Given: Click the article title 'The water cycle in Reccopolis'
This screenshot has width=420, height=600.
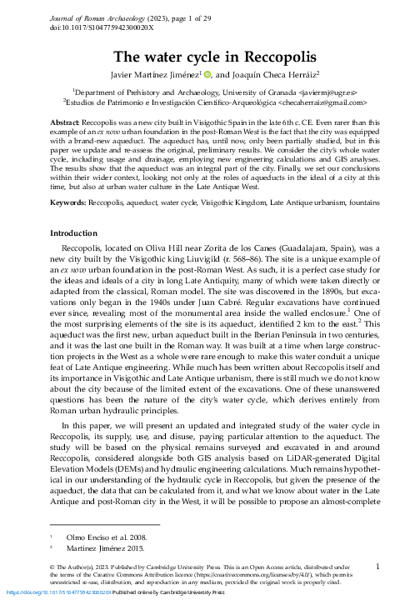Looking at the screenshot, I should coord(210,57).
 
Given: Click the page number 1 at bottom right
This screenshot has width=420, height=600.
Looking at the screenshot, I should coord(377,566).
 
